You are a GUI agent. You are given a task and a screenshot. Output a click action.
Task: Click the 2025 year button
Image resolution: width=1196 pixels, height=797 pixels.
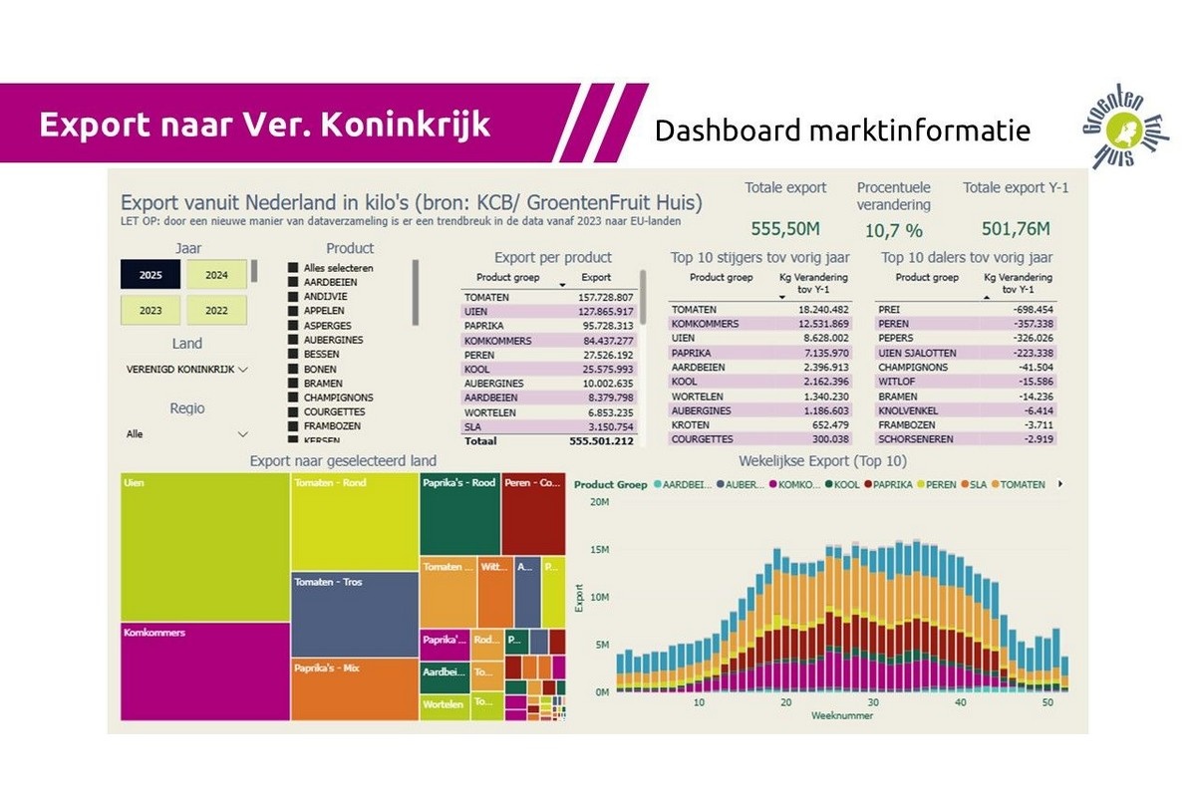pos(150,274)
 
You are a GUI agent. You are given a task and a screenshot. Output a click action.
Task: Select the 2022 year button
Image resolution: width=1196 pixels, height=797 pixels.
pos(216,310)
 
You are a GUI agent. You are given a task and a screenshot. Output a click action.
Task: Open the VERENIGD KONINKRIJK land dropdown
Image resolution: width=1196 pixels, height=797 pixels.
pos(186,369)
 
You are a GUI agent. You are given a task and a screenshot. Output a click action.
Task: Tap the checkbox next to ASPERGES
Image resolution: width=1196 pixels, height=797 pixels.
pos(293,325)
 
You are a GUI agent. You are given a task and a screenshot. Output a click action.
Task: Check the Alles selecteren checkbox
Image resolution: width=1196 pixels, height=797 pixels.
pos(293,268)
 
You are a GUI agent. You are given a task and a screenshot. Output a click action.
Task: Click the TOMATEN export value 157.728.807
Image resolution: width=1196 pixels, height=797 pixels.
pos(605,297)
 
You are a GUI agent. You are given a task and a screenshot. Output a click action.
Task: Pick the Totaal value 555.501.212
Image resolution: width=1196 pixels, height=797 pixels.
pos(605,439)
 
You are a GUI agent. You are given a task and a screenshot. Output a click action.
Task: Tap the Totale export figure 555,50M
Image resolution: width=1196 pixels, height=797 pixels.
pos(785,229)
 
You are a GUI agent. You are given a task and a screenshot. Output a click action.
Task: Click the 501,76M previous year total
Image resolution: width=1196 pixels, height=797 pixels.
pos(1016,229)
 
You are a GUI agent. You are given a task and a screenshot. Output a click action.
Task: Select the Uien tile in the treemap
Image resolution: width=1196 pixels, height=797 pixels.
pos(204,548)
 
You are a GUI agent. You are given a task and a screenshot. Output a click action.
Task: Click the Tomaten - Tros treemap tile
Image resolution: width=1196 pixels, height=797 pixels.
pos(354,615)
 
